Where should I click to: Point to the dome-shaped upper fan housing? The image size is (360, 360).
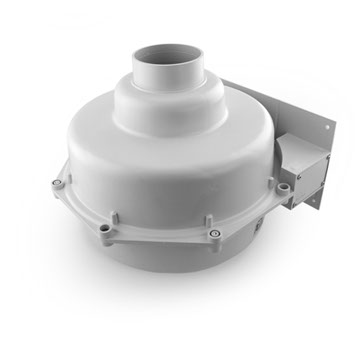click(x=150, y=160)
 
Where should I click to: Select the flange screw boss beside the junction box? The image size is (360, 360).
click(x=283, y=187)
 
